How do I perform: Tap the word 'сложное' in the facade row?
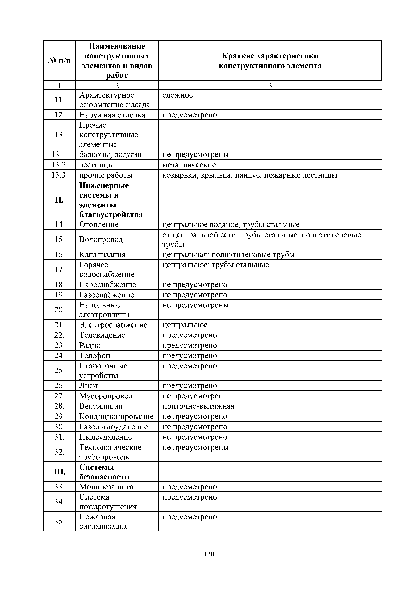pyautogui.click(x=177, y=95)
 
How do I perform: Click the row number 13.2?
pyautogui.click(x=59, y=165)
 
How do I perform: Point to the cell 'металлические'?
pyautogui.click(x=189, y=165)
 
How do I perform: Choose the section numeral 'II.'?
pyautogui.click(x=59, y=200)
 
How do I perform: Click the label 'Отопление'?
pyautogui.click(x=99, y=224)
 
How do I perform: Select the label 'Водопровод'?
pyautogui.click(x=101, y=239)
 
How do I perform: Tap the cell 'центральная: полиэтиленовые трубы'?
pyautogui.click(x=228, y=255)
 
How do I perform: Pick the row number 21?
pyautogui.click(x=59, y=325)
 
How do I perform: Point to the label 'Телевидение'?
pyautogui.click(x=102, y=335)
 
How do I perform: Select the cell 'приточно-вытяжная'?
pyautogui.click(x=198, y=406)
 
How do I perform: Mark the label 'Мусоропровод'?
pyautogui.click(x=106, y=396)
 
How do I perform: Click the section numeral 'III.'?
pyautogui.click(x=59, y=472)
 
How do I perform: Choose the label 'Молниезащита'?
pyautogui.click(x=106, y=487)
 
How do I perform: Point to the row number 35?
pyautogui.click(x=59, y=521)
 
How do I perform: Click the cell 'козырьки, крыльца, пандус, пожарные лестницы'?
pyautogui.click(x=250, y=175)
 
